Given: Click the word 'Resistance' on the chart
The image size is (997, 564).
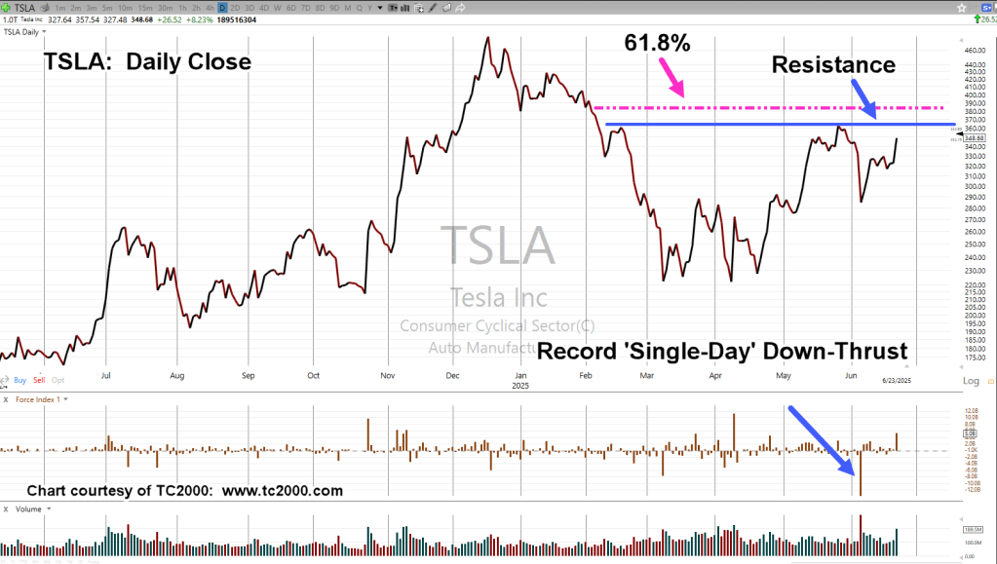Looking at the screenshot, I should coord(833,65).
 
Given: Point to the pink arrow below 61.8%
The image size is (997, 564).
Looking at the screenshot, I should coord(673,77).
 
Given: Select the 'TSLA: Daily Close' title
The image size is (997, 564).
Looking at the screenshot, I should coord(147,62).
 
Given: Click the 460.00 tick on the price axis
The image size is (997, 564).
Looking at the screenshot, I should coord(974,51).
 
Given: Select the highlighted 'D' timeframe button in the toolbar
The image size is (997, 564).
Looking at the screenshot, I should coord(222,8).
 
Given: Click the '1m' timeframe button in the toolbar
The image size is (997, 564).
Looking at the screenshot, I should coord(61,8).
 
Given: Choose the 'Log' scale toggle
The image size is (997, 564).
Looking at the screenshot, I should coord(971,381).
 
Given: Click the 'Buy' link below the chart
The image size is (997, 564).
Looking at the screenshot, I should coord(21,380).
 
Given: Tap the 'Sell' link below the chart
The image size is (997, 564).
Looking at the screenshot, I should coord(39,380).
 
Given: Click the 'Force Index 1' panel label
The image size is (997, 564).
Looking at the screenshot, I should coord(38,399).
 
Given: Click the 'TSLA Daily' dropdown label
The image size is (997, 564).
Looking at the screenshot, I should coord(24,32).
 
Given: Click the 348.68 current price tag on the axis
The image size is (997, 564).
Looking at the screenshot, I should coord(974,138).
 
